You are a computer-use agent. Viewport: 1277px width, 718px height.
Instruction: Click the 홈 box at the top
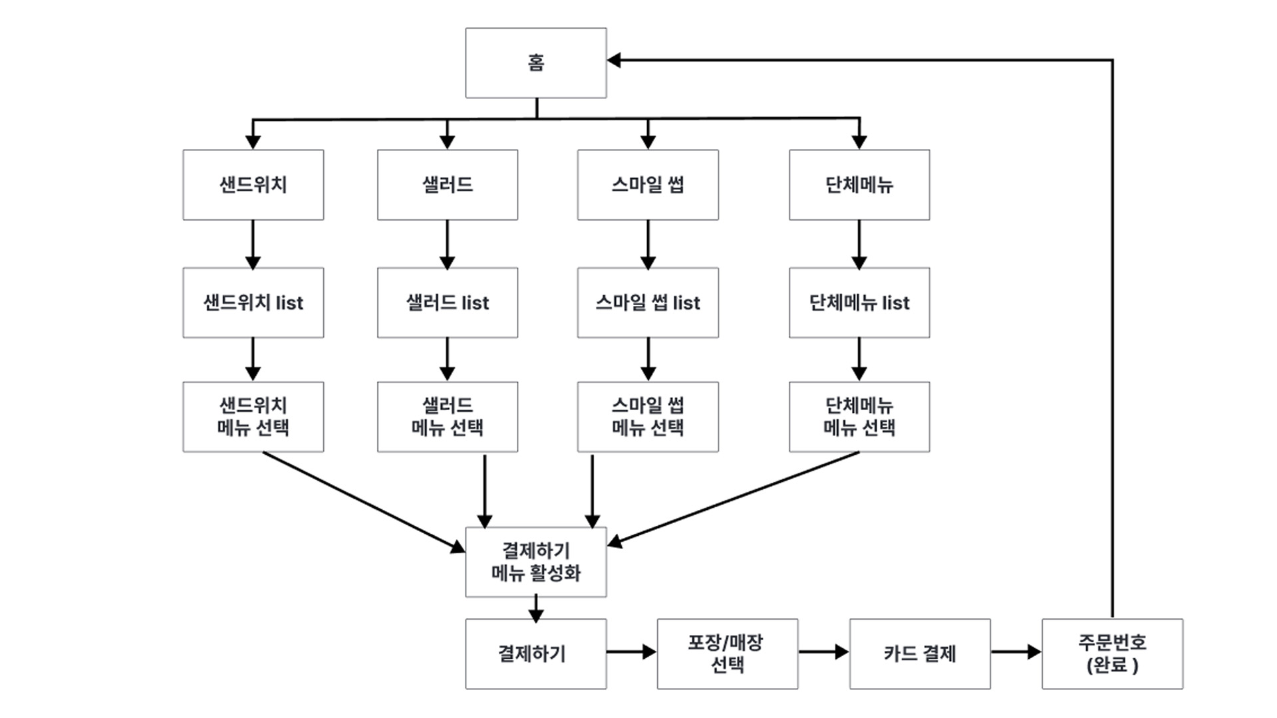click(x=535, y=62)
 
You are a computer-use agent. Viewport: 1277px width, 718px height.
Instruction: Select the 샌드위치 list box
click(x=253, y=302)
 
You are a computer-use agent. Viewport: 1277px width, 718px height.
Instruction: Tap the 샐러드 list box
click(x=447, y=302)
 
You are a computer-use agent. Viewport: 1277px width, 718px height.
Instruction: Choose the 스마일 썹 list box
click(x=647, y=302)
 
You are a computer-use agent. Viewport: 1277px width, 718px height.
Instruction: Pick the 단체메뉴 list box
click(x=859, y=302)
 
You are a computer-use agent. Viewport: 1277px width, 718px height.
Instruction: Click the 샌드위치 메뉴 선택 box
click(x=253, y=417)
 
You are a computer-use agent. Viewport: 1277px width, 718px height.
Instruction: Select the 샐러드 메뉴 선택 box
click(x=447, y=417)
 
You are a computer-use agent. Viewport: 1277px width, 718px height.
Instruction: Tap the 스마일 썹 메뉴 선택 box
click(x=647, y=417)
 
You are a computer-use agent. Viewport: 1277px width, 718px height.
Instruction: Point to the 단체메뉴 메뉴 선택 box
click(x=859, y=417)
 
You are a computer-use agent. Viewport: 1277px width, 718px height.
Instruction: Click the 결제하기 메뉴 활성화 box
click(x=535, y=562)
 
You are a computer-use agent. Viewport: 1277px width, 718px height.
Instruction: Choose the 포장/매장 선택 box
click(x=727, y=654)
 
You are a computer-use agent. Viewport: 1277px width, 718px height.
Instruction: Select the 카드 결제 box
click(x=919, y=654)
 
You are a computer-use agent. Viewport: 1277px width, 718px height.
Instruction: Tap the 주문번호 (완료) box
click(x=1112, y=654)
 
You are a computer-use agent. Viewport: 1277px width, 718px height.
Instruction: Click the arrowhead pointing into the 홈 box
click(x=615, y=60)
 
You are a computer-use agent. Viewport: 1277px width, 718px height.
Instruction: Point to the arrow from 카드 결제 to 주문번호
click(x=1016, y=652)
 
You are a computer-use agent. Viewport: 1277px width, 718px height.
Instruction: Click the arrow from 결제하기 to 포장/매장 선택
click(x=631, y=652)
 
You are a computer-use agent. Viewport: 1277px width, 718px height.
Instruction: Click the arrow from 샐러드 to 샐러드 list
click(x=447, y=244)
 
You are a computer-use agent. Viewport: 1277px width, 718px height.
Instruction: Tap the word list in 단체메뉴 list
click(x=895, y=302)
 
